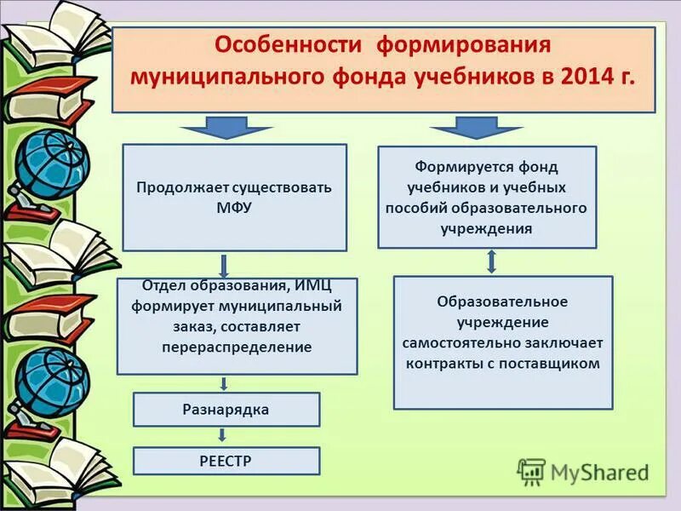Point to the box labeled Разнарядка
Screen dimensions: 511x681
coord(226,410)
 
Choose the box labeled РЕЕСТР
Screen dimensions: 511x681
coord(226,461)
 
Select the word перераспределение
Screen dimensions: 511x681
coord(237,347)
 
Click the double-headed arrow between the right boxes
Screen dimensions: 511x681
coord(491,261)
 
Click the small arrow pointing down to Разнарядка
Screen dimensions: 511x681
coord(224,383)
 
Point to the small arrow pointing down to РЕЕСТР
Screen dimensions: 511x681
coord(224,436)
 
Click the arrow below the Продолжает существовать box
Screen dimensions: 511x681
coord(224,264)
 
